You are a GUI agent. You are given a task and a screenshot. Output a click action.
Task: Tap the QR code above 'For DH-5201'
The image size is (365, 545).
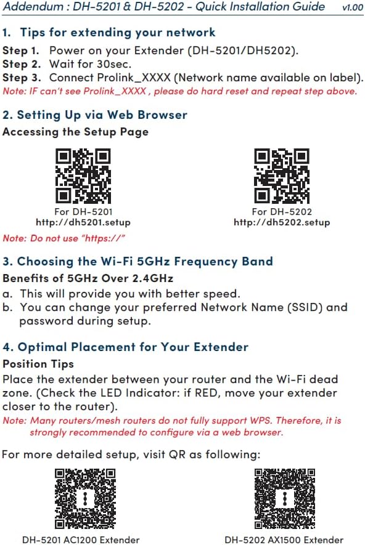tap(83, 176)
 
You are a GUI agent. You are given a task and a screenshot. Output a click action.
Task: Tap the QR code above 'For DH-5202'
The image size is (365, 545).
tap(282, 176)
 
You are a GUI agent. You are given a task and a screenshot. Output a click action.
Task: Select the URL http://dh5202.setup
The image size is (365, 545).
tap(282, 222)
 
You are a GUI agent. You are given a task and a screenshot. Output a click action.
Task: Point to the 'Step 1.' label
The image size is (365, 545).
tap(23, 50)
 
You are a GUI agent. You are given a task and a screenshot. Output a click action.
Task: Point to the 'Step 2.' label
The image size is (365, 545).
tap(23, 64)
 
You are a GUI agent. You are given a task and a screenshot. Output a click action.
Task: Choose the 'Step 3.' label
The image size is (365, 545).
tap(23, 78)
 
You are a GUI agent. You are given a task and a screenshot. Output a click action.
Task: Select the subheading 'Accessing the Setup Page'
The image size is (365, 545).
tap(75, 131)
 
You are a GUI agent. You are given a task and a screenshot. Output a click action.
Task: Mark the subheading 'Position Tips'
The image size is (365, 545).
tap(38, 364)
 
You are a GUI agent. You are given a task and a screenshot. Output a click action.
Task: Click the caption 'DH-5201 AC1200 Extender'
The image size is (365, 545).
tap(81, 540)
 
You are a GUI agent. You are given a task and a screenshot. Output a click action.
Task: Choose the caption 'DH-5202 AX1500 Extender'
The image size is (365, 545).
tap(284, 540)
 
